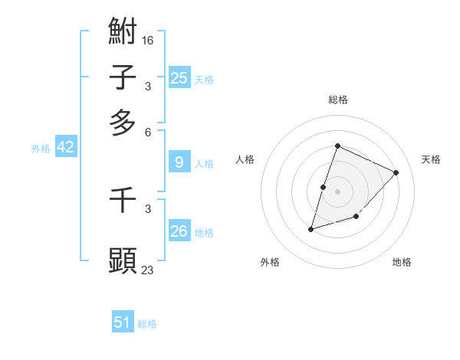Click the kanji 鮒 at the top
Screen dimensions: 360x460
pos(123,31)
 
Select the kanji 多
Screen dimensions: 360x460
pos(123,122)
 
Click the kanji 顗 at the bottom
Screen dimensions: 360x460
pos(123,260)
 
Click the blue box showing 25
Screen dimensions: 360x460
pos(179,77)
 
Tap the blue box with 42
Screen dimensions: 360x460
pos(65,147)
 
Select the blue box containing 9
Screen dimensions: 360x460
pos(179,162)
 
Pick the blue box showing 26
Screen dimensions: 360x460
pos(179,231)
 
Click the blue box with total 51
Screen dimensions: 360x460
pos(123,322)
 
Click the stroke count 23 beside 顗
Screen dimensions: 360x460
pos(148,270)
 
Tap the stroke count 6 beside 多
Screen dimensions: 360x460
pos(147,132)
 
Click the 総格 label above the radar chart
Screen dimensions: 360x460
pos(337,100)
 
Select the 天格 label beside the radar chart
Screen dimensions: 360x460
pos(431,159)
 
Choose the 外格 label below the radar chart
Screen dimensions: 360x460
pos(270,262)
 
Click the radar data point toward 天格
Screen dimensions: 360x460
pos(396,172)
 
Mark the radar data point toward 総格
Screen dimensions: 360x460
pos(337,146)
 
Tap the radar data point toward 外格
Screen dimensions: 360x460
pos(310,228)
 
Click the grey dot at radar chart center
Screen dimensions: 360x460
pos(337,191)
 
